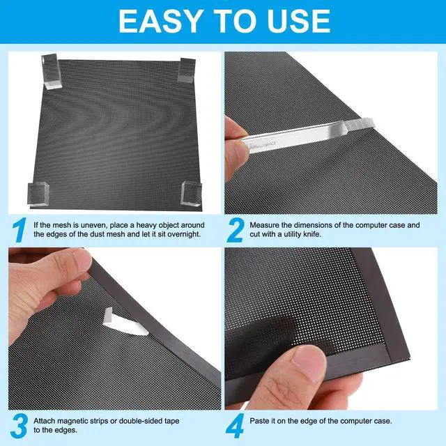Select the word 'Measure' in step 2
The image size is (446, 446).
click(269, 226)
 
